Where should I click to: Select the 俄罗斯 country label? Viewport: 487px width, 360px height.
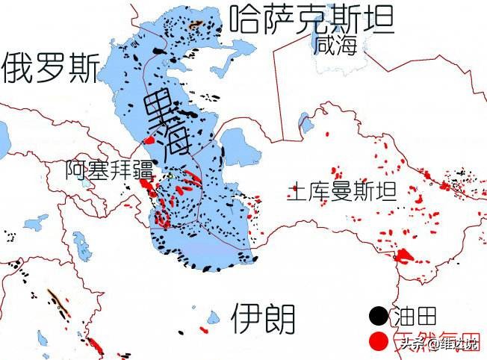point(50,69)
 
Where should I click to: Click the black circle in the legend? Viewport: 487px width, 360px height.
point(379,317)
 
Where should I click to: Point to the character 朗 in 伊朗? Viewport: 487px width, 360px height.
point(280,319)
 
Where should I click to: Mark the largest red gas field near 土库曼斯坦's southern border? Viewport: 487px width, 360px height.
point(404,256)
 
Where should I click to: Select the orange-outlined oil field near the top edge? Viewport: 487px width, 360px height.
point(196,24)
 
